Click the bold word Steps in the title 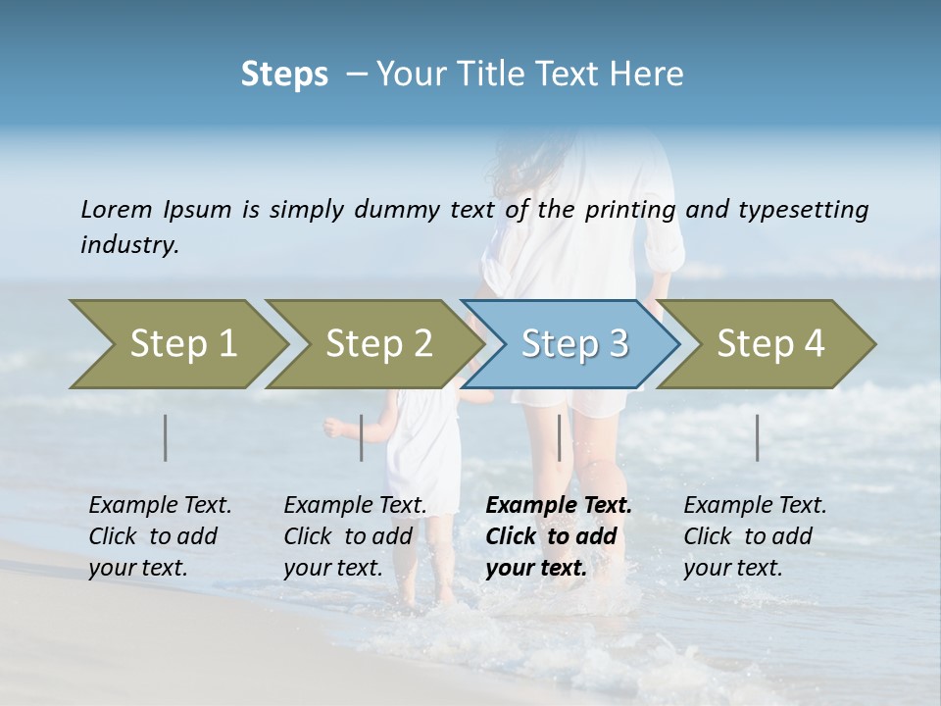coord(284,75)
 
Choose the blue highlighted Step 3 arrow coord(573,343)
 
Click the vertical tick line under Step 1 coord(166,437)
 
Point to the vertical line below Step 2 coord(362,437)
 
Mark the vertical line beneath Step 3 coord(560,437)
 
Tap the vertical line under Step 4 coord(758,437)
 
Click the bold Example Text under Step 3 coord(559,506)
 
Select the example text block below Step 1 coord(160,536)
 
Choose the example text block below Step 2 coord(355,536)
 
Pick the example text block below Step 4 coord(755,536)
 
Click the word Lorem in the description coord(117,209)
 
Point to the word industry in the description coord(129,244)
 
